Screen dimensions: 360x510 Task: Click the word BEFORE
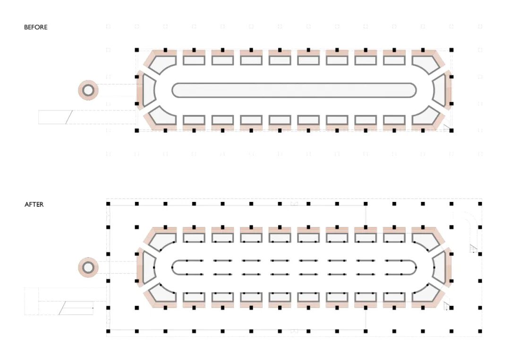click(x=36, y=27)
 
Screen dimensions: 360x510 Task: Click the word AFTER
click(x=34, y=205)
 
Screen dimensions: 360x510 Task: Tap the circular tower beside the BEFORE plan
click(x=88, y=90)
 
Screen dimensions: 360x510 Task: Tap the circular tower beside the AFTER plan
click(x=88, y=268)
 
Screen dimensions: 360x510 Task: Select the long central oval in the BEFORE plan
click(x=294, y=90)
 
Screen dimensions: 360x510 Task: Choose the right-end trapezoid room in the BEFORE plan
click(x=439, y=90)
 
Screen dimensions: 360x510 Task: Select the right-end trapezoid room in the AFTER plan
click(x=439, y=268)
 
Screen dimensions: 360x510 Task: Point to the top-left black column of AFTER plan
click(x=108, y=204)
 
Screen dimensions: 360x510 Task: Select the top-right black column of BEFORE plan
click(x=451, y=50)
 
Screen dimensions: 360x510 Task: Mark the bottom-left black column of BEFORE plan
click(x=136, y=130)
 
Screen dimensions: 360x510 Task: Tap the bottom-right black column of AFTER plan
click(x=480, y=331)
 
